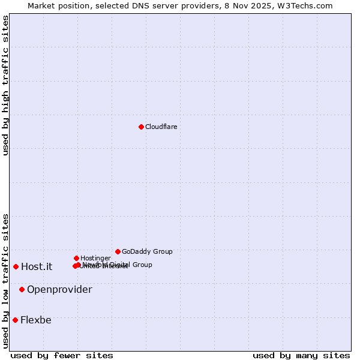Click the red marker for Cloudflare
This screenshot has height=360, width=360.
pyautogui.click(x=141, y=127)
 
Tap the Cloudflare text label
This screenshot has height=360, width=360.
pyautogui.click(x=161, y=127)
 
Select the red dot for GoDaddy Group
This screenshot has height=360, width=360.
pyautogui.click(x=118, y=251)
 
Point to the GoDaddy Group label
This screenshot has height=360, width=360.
pyautogui.click(x=147, y=251)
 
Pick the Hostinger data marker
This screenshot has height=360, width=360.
pyautogui.click(x=76, y=258)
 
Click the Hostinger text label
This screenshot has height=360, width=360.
pyautogui.click(x=95, y=258)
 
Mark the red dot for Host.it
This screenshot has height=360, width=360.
pyautogui.click(x=16, y=266)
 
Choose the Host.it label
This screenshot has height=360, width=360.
pyautogui.click(x=37, y=267)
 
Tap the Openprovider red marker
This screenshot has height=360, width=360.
pyautogui.click(x=22, y=289)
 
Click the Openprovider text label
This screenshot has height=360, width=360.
pyautogui.click(x=59, y=290)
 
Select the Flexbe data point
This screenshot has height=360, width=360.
pyautogui.click(x=15, y=320)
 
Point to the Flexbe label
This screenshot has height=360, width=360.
pyautogui.click(x=35, y=320)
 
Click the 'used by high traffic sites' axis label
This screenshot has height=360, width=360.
pyautogui.click(x=5, y=85)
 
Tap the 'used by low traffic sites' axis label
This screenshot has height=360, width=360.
pyautogui.click(x=5, y=281)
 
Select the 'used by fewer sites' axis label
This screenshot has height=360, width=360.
pyautogui.click(x=62, y=355)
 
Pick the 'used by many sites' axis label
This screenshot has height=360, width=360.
pyautogui.click(x=301, y=355)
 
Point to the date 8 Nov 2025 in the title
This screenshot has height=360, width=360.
pyautogui.click(x=244, y=5)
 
